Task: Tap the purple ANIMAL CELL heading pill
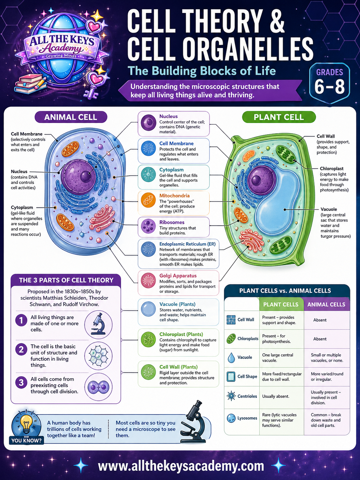tap(71, 117)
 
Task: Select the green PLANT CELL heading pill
tap(278, 117)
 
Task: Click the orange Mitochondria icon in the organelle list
tap(148, 200)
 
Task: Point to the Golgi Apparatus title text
tap(178, 276)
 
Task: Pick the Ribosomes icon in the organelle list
tap(148, 227)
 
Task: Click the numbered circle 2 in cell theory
tap(21, 349)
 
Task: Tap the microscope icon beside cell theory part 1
tap(98, 324)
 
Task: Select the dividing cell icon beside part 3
tap(98, 387)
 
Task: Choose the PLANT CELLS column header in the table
tap(281, 304)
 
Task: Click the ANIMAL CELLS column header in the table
tap(326, 304)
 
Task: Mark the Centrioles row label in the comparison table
tap(247, 396)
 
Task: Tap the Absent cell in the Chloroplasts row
tap(320, 339)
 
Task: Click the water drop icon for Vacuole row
tap(231, 358)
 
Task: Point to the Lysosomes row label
tap(247, 418)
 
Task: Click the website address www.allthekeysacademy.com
tap(181, 466)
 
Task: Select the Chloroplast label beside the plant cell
tap(331, 169)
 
